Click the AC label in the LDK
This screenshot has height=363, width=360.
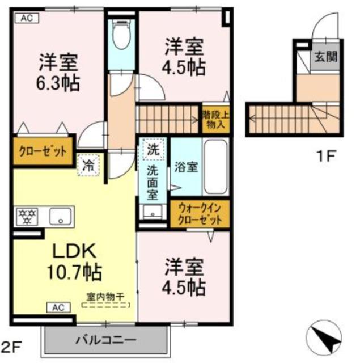coord(58,307)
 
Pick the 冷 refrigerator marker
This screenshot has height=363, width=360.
coord(88,166)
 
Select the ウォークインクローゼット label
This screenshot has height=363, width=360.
coord(198,214)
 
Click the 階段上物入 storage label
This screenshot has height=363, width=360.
coord(216,119)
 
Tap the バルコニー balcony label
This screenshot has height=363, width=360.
coord(107,340)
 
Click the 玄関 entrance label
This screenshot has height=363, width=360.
coord(326,57)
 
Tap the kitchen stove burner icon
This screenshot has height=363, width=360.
coord(26,216)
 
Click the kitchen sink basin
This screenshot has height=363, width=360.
coord(59,216)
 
